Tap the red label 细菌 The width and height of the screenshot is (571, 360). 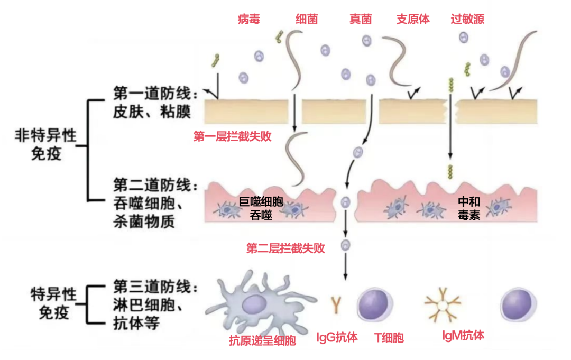tap(307, 20)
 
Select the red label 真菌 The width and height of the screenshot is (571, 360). tap(361, 20)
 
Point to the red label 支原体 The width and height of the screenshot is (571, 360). tap(413, 20)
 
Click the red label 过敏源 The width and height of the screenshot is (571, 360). tap(467, 20)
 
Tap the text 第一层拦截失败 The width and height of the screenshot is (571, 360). tap(233, 137)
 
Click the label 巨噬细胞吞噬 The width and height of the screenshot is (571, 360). tap(261, 208)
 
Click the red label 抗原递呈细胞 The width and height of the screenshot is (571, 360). tap(263, 341)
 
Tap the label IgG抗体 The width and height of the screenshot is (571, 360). tap(337, 337)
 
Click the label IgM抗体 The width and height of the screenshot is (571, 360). tap(463, 335)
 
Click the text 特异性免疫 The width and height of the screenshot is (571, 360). tap(53, 303)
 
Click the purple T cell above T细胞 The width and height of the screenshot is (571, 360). tap(375, 305)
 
